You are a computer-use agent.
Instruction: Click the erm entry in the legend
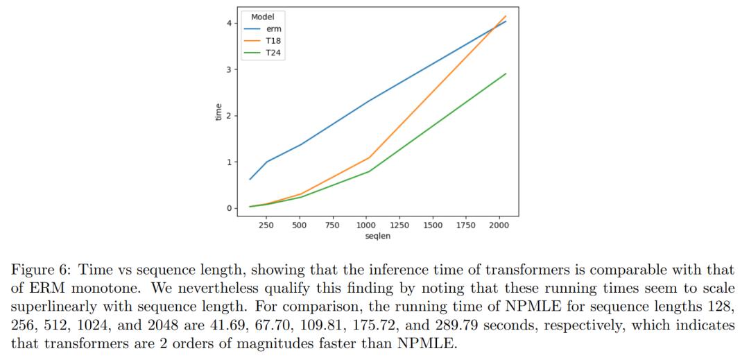[274, 29]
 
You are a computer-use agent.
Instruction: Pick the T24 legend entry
[274, 53]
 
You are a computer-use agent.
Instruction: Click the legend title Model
[262, 17]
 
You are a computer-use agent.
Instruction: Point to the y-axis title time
[219, 112]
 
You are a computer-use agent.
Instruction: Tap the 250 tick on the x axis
[266, 226]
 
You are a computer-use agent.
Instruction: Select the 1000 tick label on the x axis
[366, 226]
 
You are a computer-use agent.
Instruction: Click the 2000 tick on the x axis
[499, 226]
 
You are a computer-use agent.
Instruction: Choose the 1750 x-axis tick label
[466, 226]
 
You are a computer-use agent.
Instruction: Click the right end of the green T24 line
[506, 74]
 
